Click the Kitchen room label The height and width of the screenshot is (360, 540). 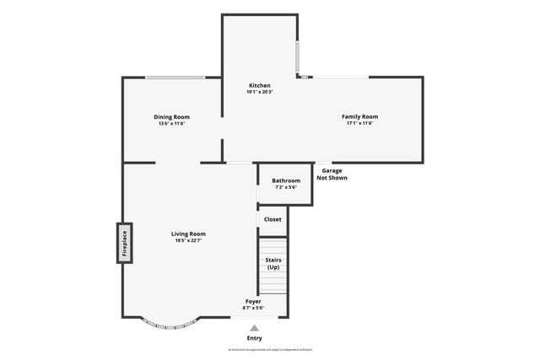coord(259,85)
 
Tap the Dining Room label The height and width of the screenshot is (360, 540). coord(171,116)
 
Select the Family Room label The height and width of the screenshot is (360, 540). coord(359,116)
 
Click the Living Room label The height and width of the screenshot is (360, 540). coord(188,234)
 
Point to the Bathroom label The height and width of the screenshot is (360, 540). coord(286,180)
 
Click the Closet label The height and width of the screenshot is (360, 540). coord(273,219)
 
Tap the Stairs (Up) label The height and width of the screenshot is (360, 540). coord(273,263)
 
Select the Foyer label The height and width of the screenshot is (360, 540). coord(253,301)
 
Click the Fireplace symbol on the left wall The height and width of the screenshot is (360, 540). coord(124,243)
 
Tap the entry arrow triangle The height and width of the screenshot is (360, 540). coord(254,328)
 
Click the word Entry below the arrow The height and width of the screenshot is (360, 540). coord(254,338)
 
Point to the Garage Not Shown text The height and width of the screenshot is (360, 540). coord(332,175)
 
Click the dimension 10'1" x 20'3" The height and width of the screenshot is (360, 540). coord(259,93)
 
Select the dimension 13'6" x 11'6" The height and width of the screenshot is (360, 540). coord(171,124)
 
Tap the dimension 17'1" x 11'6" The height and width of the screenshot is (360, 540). coord(359,124)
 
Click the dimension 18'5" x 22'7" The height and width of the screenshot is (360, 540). coord(188,241)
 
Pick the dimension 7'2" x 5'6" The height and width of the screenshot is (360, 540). coord(286,188)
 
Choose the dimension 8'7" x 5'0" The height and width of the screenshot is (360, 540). coord(253,309)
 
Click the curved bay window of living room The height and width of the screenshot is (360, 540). coord(170,324)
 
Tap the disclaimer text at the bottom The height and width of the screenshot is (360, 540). coord(270,349)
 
